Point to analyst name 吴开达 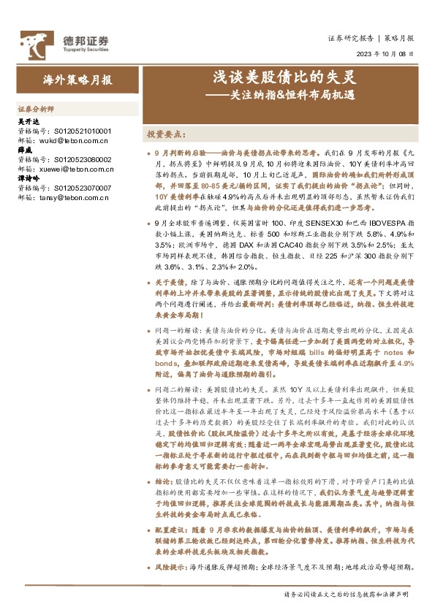(27, 121)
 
